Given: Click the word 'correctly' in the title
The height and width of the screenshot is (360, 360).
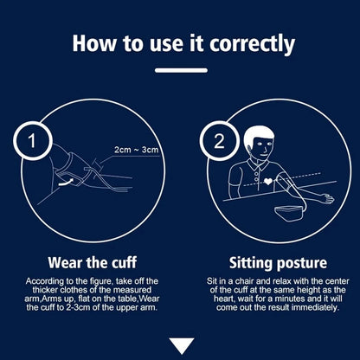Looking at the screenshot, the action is click(252, 44).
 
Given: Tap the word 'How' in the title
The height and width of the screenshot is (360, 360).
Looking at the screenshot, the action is click(94, 43).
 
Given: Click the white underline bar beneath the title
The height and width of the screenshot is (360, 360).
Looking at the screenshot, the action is click(181, 70).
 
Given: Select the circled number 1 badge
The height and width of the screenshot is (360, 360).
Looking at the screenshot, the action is click(32, 141).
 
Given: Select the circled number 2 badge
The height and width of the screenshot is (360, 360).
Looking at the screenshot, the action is click(219, 141).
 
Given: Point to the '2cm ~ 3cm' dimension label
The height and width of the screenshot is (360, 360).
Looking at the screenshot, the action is click(137, 150).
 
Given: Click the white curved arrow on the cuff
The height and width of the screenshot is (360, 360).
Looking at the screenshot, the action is click(66, 182).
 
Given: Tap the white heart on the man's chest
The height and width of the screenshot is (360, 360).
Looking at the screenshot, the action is click(268, 181).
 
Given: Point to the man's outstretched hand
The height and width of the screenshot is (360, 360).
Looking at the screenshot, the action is click(328, 198).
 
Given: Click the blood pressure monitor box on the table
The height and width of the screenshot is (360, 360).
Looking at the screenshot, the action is click(289, 213).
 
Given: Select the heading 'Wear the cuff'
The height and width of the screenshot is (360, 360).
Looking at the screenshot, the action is click(93, 262).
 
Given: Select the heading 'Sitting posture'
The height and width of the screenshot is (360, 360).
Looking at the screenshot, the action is click(278, 263).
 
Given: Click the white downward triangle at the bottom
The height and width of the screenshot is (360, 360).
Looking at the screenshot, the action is click(182, 345).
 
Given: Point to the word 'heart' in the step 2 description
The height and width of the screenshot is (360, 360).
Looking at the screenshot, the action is click(222, 299).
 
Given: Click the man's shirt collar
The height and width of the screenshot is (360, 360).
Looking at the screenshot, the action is click(259, 164).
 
